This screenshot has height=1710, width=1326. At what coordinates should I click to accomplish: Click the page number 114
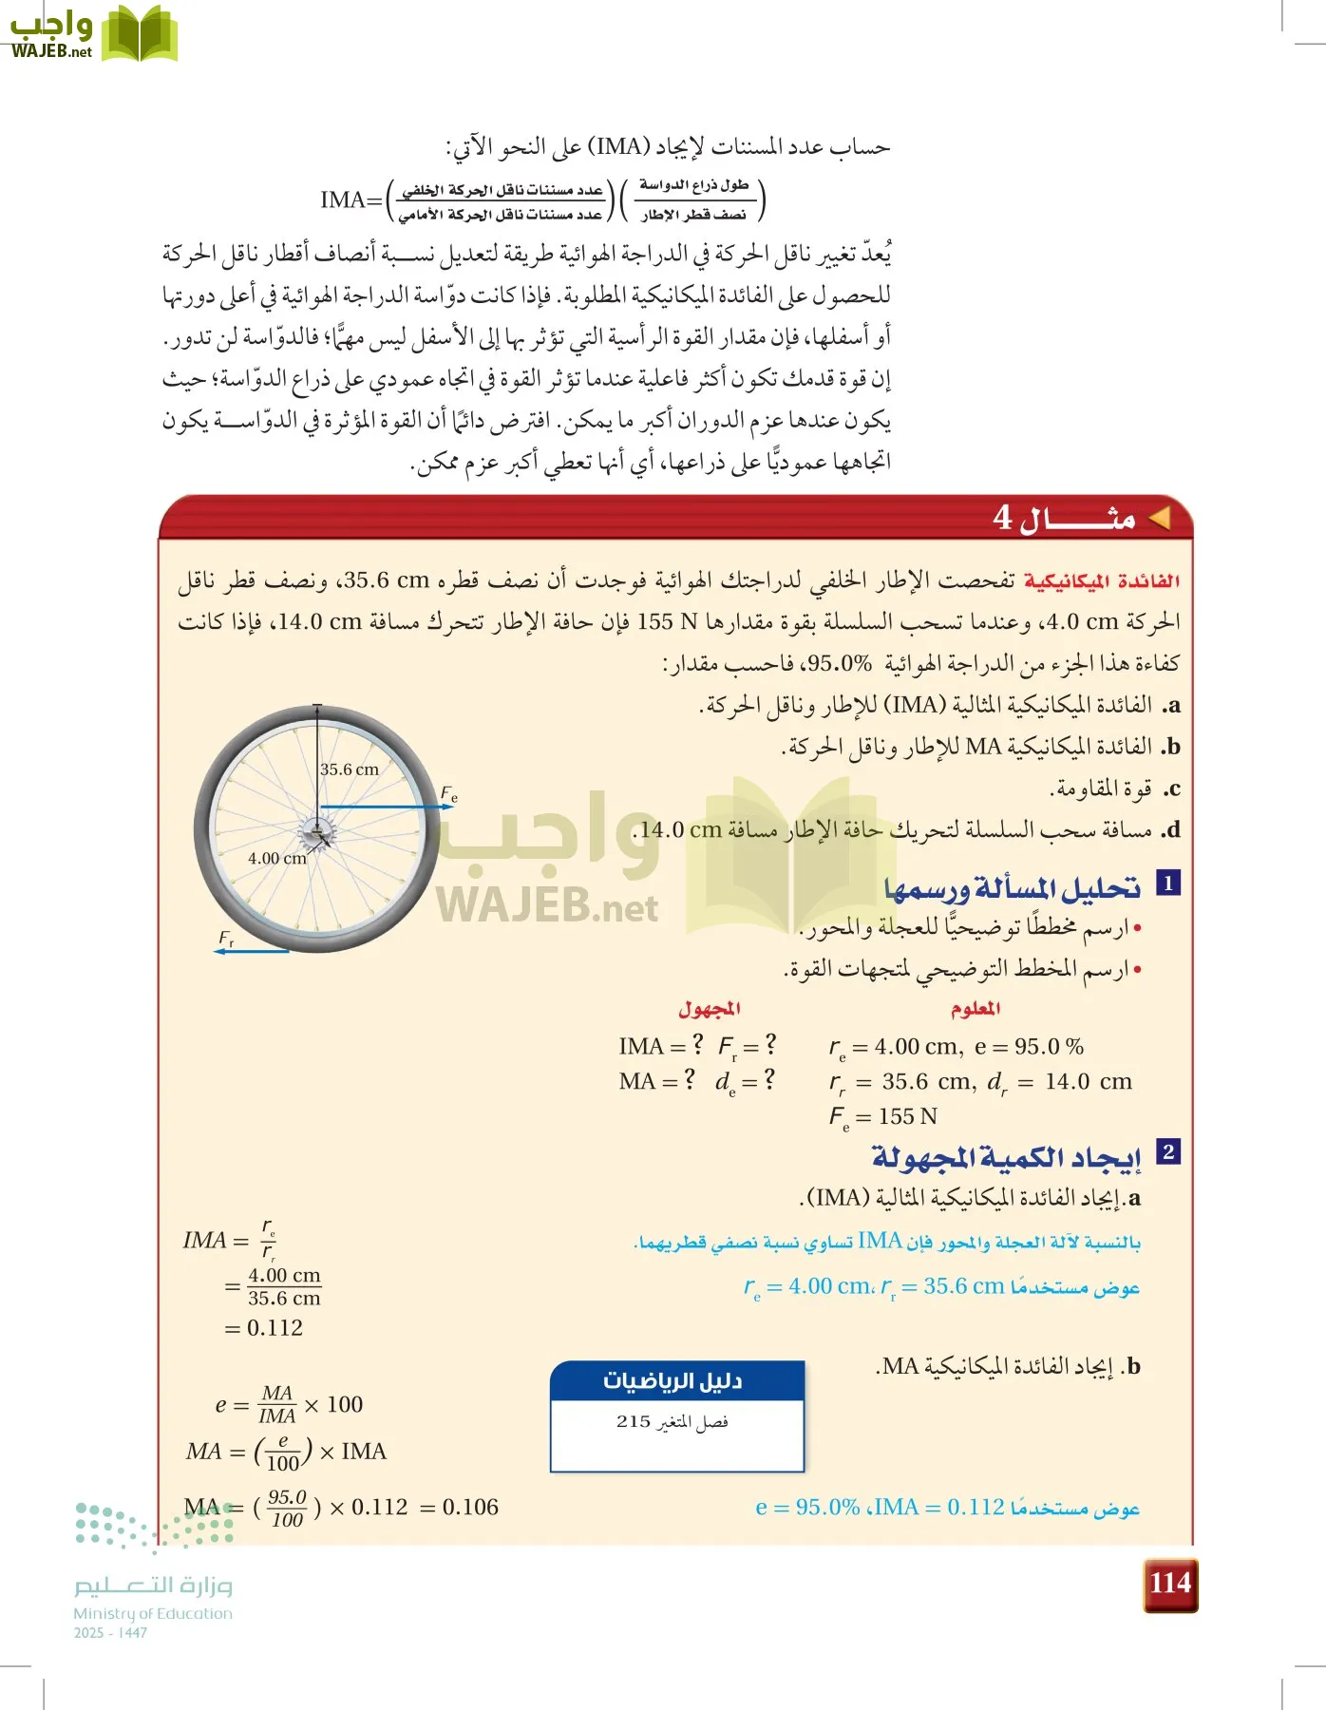tap(1169, 1584)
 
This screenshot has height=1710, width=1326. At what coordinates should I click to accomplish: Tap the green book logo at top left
tap(140, 34)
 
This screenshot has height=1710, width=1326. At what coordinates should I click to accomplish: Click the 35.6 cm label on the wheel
tap(349, 769)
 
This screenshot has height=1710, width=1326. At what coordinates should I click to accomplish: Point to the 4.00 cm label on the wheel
tap(276, 858)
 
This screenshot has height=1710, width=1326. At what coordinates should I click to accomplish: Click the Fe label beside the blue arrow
tap(449, 793)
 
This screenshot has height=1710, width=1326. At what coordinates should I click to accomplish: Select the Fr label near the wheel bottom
tap(226, 938)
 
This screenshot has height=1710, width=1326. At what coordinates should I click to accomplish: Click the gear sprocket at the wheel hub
tap(316, 835)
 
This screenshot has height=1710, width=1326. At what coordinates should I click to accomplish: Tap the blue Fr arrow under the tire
tap(252, 951)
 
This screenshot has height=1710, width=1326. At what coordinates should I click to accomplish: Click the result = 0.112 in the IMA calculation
tap(264, 1327)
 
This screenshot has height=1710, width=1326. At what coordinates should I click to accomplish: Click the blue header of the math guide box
tap(676, 1380)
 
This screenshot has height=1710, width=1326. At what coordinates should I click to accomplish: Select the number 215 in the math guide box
tap(634, 1422)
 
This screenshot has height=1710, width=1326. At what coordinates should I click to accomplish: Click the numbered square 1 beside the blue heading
tap(1167, 883)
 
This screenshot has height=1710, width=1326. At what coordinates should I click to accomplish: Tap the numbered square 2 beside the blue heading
tap(1167, 1151)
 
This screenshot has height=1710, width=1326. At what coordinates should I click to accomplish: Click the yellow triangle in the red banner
tap(1158, 518)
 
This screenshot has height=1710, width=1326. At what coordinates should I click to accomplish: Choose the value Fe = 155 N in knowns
tap(883, 1116)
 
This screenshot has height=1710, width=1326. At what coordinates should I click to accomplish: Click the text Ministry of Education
tap(153, 1613)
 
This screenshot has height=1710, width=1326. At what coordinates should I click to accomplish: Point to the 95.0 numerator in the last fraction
tap(287, 1496)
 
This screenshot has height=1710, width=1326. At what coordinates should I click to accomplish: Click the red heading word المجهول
tap(709, 1008)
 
